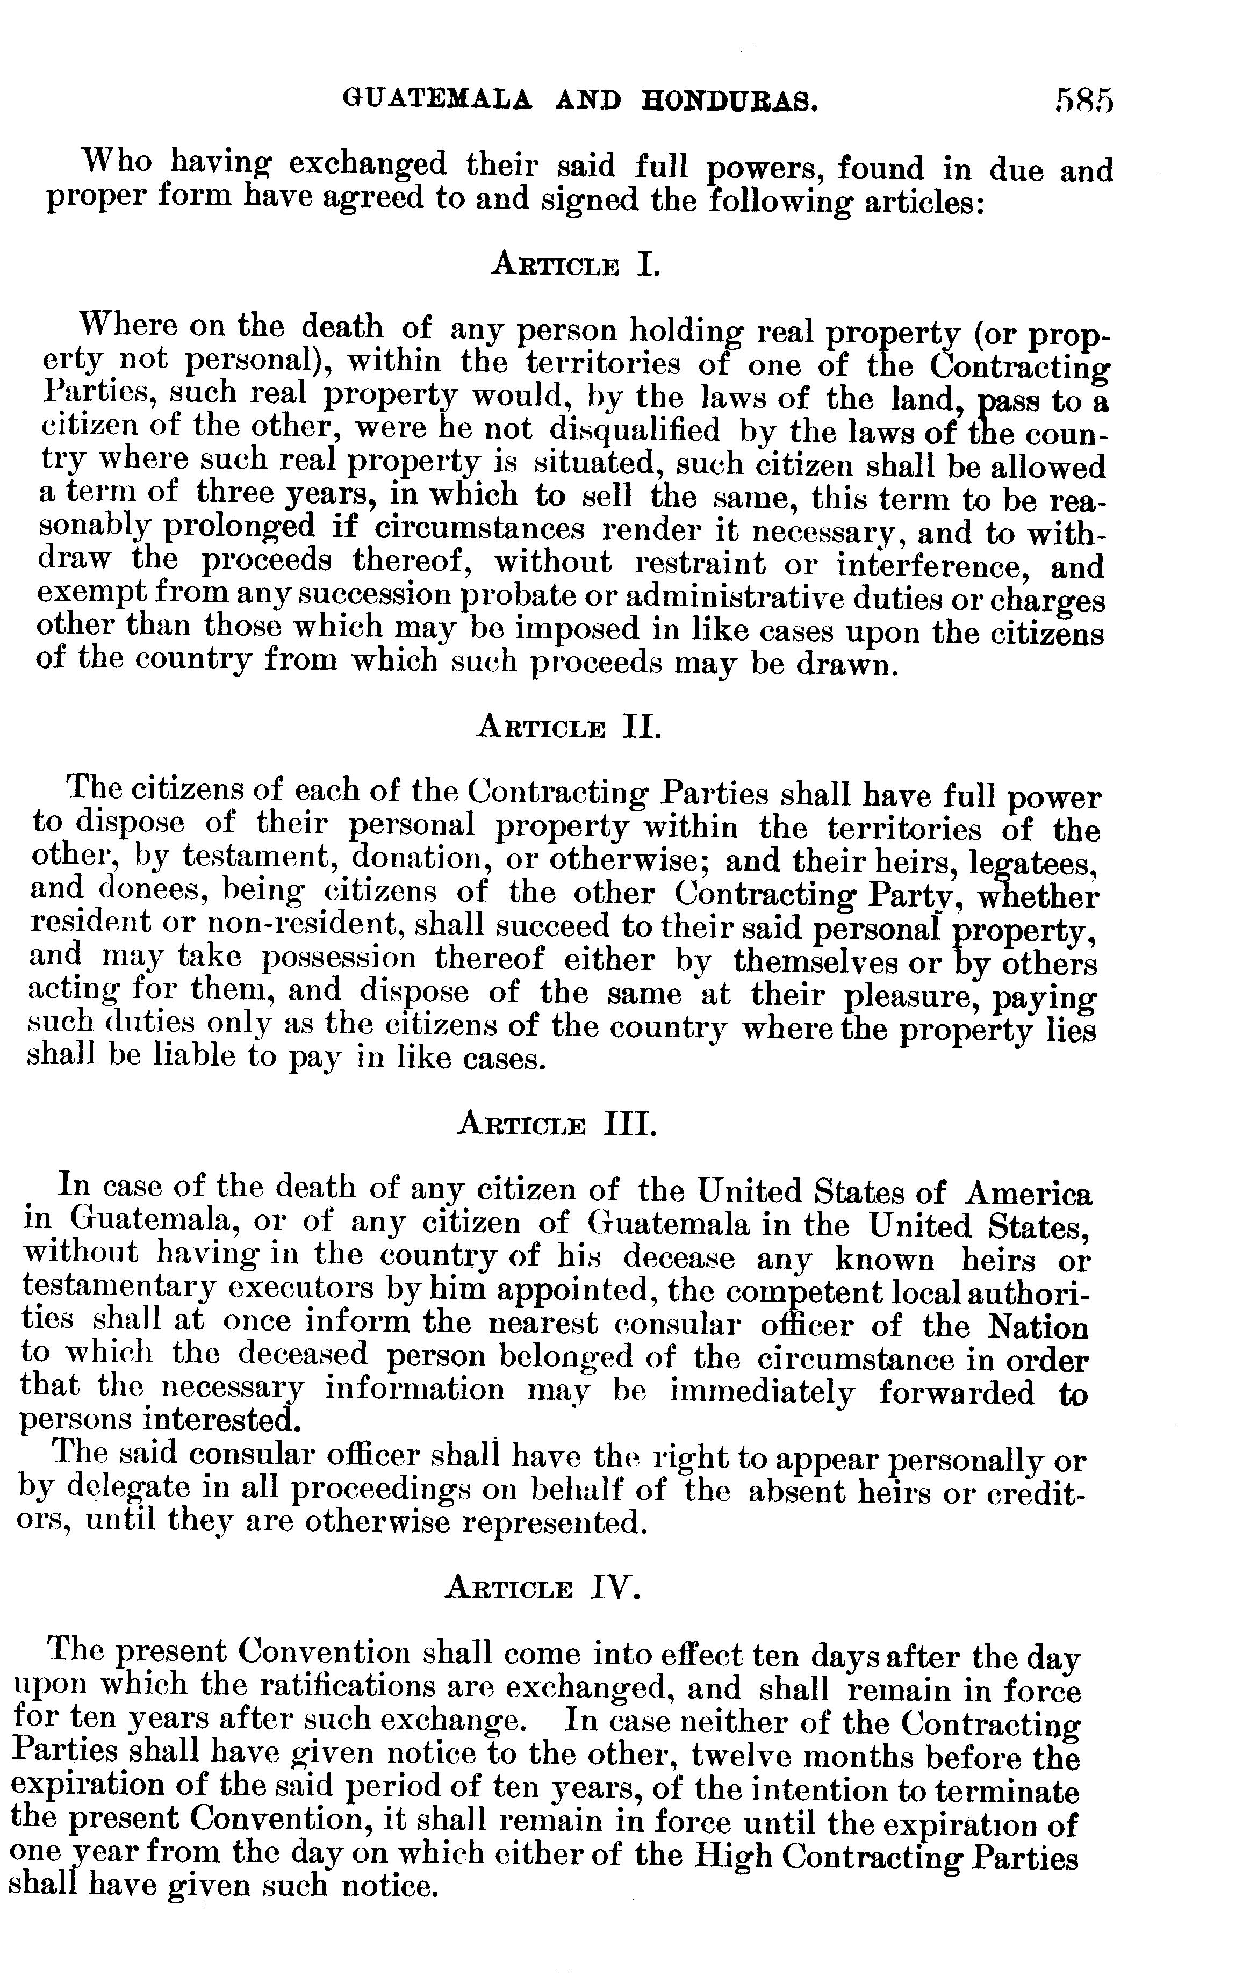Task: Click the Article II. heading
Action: pyautogui.click(x=569, y=728)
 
